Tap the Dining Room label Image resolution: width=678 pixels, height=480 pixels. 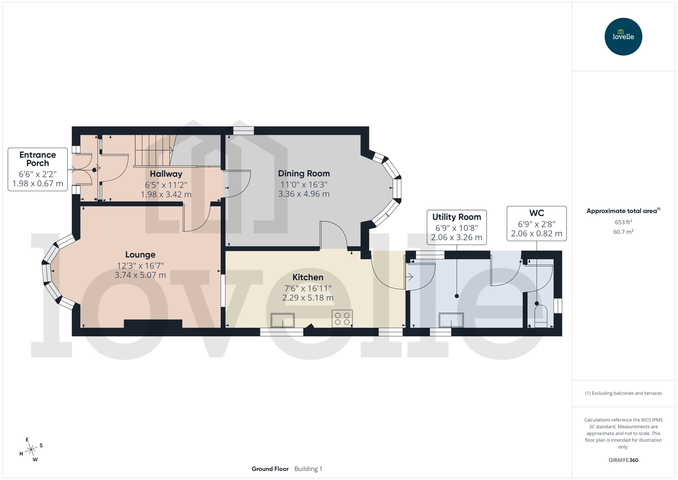click(304, 173)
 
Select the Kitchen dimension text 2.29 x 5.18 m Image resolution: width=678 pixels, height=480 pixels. click(308, 298)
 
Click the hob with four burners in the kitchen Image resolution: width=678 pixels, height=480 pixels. click(342, 319)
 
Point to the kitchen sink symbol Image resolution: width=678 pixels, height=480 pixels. click(282, 320)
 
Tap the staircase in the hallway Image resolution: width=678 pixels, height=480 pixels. click(154, 151)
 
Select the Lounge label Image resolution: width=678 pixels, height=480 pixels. click(140, 254)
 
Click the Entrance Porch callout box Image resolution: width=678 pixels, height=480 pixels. click(38, 169)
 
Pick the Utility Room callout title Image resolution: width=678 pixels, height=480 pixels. click(456, 217)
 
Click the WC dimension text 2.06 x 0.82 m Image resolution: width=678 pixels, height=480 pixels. click(536, 234)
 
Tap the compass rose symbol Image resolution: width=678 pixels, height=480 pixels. click(31, 450)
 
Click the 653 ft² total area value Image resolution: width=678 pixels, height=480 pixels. click(623, 222)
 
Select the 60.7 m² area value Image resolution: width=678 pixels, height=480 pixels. click(623, 232)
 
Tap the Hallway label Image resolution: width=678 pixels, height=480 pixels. click(166, 174)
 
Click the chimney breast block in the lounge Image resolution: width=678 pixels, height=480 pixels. click(153, 323)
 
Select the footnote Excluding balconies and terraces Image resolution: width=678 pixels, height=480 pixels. click(623, 393)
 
